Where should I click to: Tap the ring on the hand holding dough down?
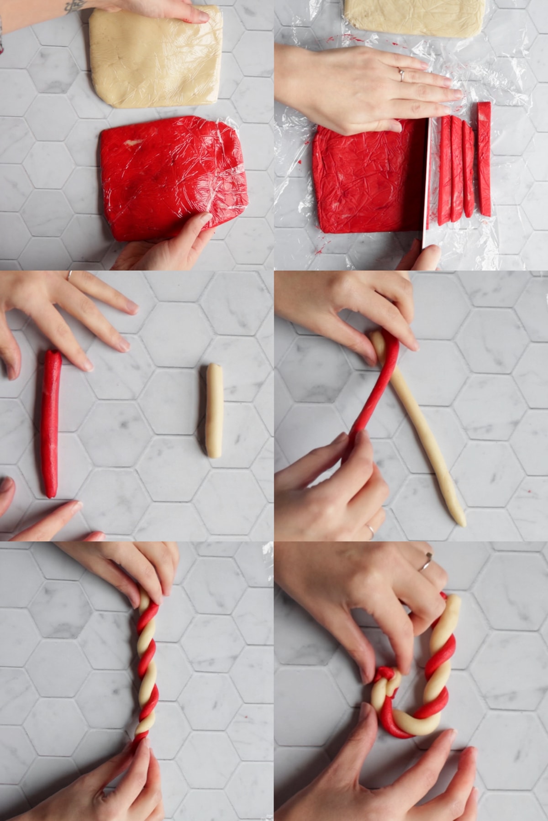(x=401, y=74)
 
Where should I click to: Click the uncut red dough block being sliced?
(x=365, y=178)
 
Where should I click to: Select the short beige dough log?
(x=214, y=411)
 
